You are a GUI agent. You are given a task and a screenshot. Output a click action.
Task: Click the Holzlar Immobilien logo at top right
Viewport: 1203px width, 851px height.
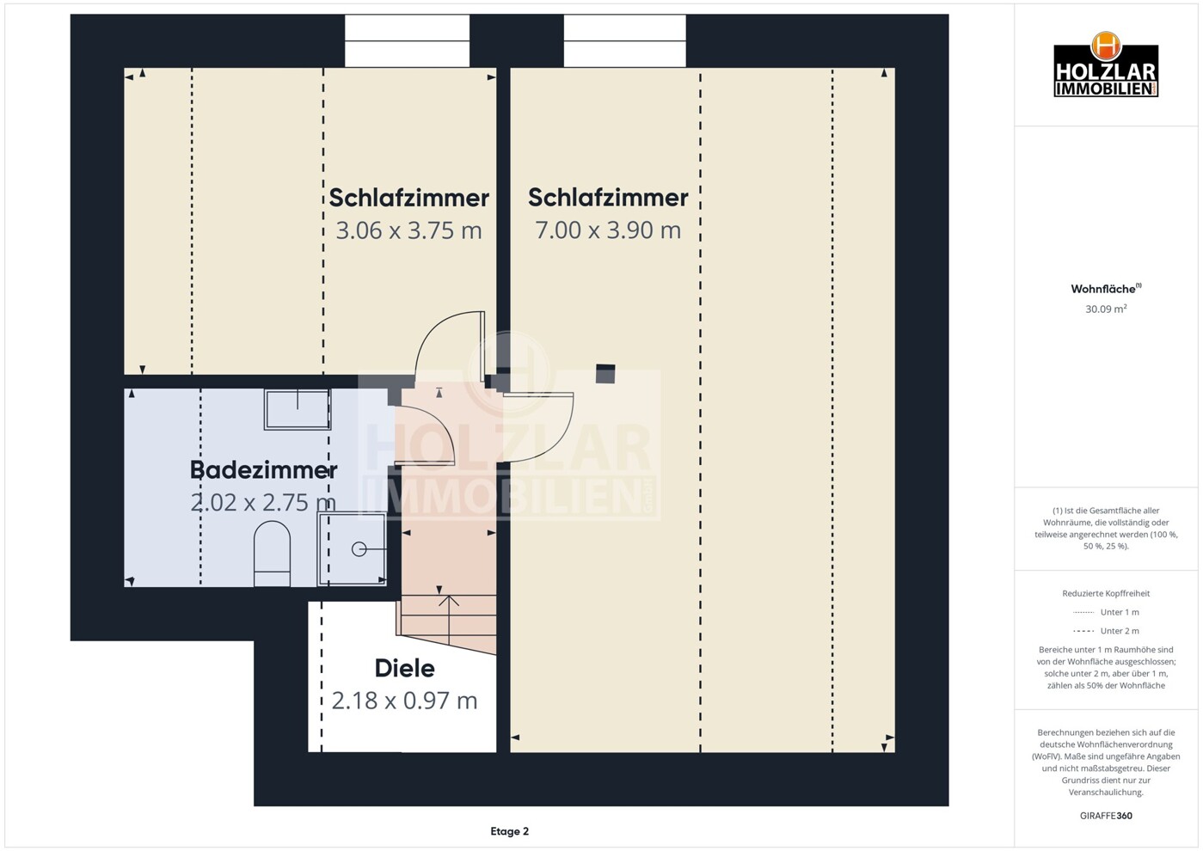[x=1106, y=66]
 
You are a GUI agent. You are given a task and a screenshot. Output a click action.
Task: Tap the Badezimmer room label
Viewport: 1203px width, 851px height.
[x=263, y=470]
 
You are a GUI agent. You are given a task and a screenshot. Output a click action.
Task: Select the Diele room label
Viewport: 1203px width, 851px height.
[x=404, y=668]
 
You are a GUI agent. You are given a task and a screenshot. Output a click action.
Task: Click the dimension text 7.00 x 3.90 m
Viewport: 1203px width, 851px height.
[x=608, y=230]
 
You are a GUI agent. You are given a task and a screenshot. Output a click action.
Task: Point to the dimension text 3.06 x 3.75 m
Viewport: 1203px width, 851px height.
[x=408, y=230]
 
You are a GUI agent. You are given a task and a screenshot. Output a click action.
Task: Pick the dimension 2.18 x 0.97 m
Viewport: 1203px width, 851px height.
[x=404, y=701]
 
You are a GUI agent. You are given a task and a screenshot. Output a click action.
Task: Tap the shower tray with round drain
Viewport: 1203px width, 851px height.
[x=353, y=548]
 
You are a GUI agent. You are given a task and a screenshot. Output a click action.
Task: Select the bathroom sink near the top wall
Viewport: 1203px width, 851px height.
[x=298, y=408]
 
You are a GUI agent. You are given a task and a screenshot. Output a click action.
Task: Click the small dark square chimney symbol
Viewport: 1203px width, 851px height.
[x=605, y=373]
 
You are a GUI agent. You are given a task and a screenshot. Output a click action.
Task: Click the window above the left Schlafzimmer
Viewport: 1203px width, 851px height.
[x=407, y=40]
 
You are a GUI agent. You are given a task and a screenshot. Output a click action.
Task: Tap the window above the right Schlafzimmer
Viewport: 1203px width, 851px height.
[x=624, y=40]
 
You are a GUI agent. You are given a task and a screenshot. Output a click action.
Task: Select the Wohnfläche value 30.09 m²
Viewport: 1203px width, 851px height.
[x=1106, y=309]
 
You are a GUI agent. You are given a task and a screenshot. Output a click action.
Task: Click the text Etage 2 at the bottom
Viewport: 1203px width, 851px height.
[x=509, y=831]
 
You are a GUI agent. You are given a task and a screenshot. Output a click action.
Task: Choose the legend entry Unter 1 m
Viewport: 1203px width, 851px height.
[x=1119, y=612]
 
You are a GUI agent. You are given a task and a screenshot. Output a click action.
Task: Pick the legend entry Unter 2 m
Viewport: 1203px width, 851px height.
[x=1119, y=631]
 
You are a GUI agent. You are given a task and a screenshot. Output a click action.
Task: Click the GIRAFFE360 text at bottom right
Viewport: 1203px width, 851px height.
[x=1106, y=816]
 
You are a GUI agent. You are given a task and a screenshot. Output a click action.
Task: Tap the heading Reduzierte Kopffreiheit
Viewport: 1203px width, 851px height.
[x=1106, y=593]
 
